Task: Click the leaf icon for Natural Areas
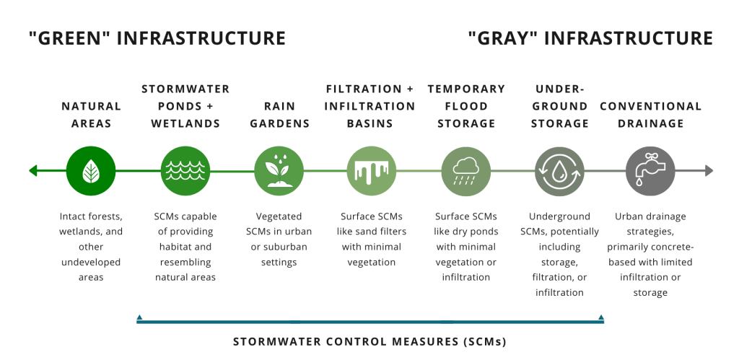91,171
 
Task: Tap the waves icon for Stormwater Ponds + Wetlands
185,171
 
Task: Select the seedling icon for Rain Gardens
279,171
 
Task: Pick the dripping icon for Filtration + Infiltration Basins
371,171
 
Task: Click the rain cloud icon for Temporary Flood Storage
465,171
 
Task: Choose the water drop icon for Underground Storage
559,171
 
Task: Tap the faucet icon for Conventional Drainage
650,171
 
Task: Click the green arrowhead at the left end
32,171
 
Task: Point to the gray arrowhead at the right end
709,171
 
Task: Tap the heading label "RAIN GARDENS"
279,115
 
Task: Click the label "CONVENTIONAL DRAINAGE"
650,115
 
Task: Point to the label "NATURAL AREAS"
91,115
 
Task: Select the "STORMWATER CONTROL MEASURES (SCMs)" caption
369,341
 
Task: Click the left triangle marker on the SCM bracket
139,316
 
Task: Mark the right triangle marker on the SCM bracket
600,316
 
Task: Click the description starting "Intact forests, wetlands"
91,247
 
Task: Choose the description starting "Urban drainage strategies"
650,254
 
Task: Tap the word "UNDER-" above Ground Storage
559,89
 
